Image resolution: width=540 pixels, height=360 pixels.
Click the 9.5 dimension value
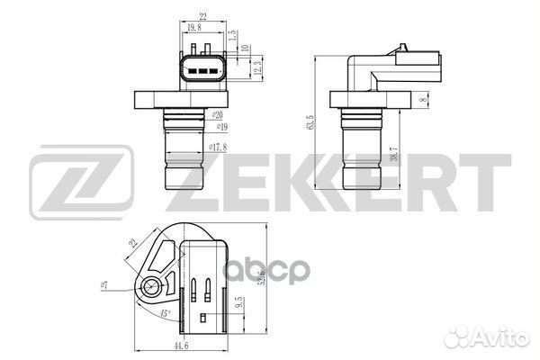tap(238, 304)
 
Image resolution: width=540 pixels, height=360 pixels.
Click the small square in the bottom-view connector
tap(202, 319)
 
